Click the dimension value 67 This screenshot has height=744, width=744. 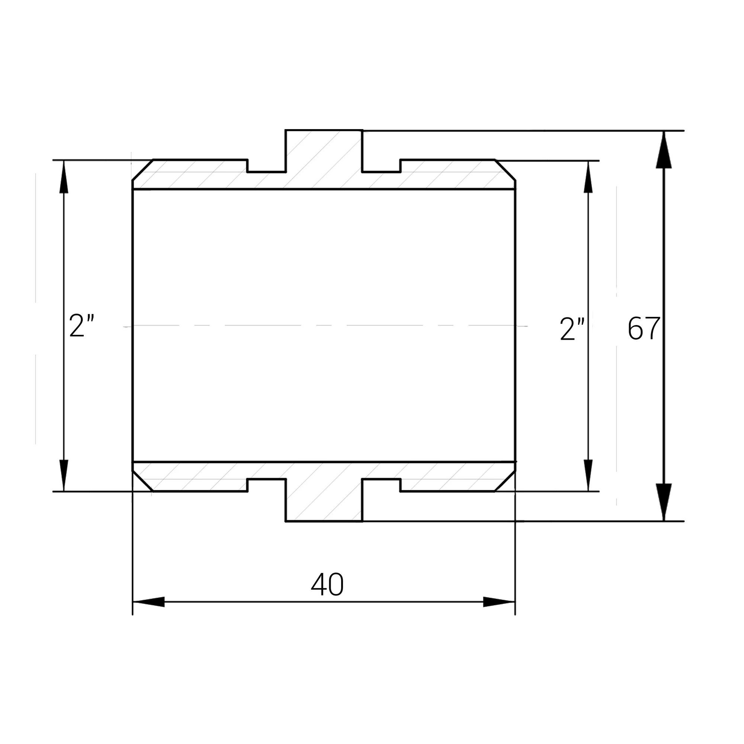(644, 328)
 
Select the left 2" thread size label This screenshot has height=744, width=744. (81, 325)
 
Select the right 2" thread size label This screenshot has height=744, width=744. (572, 329)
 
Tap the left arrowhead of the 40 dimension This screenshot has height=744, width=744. (148, 602)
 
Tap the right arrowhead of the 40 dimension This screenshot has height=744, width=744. (499, 602)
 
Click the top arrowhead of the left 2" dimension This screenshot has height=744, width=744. (64, 176)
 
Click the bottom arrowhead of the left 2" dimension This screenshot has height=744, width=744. (64, 475)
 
